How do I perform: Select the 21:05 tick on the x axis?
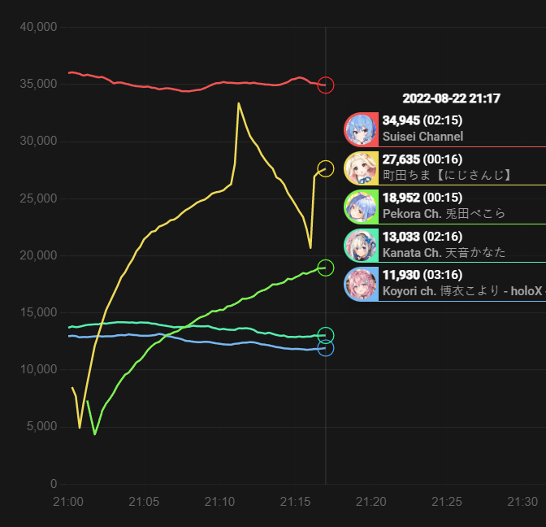(x=144, y=501)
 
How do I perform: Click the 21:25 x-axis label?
(x=447, y=501)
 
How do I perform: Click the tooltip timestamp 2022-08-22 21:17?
(x=451, y=98)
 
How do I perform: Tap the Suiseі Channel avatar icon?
(x=361, y=129)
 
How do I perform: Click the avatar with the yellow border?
(x=361, y=168)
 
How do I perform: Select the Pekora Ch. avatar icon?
(x=361, y=207)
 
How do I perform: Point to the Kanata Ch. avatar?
(x=361, y=245)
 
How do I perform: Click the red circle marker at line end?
(x=326, y=85)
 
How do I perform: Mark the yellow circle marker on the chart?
(x=326, y=168)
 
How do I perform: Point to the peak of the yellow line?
(x=238, y=103)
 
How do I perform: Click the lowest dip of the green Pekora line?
(x=95, y=434)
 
